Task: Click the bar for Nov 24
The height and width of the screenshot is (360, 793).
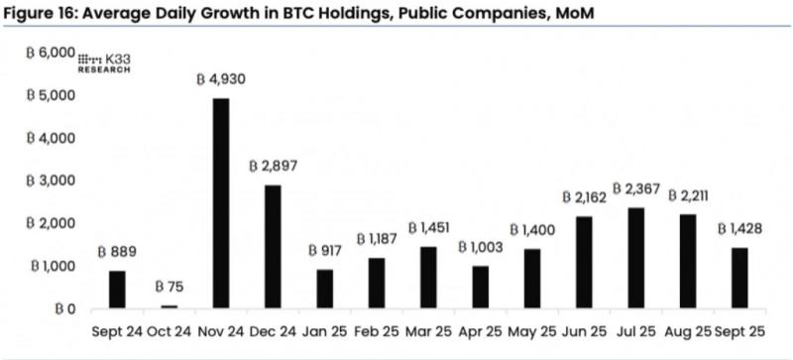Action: coord(221,203)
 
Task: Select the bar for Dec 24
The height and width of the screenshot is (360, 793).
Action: coord(273,247)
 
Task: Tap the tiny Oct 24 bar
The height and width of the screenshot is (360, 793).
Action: coord(169,306)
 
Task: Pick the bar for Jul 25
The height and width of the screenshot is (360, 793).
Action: coord(636,258)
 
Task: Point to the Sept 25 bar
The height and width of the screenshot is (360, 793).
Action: coord(739,278)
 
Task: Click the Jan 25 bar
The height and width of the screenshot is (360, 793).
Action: coord(325,289)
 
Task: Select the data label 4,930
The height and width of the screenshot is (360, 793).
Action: coord(221,79)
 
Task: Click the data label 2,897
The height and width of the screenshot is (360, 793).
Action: coord(273,167)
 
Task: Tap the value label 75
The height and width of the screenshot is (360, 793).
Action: coord(169,287)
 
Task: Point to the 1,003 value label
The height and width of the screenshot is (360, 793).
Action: coord(481,247)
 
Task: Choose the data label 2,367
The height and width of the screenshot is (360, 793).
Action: coord(636,188)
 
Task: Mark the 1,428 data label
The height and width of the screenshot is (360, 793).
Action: coord(739,229)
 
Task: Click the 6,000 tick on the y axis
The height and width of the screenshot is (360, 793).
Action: coord(51,53)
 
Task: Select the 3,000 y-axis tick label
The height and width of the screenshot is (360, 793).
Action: coord(51,180)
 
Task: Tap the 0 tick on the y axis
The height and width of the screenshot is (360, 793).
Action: coord(64,308)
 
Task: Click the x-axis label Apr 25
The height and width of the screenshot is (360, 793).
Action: coord(481,332)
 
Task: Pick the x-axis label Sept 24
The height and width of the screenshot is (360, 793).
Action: coord(117,332)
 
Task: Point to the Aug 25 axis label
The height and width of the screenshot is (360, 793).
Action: coord(687,332)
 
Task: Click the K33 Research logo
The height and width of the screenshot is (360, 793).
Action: coord(104,62)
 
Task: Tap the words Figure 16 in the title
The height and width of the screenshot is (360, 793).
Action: coord(37,15)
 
